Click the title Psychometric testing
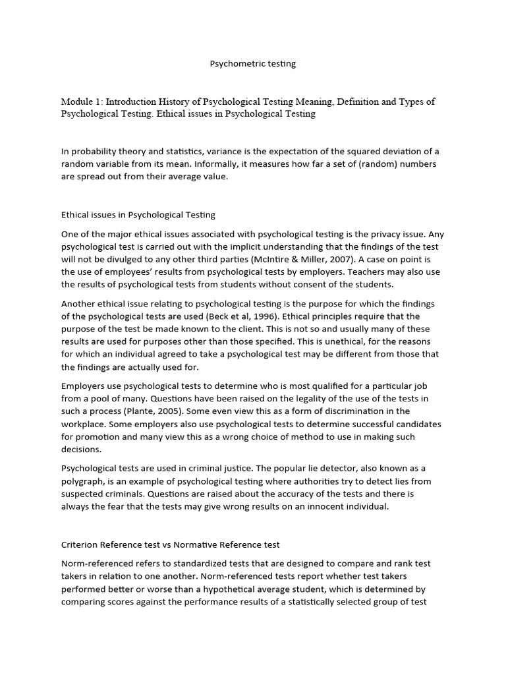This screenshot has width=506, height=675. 253,64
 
